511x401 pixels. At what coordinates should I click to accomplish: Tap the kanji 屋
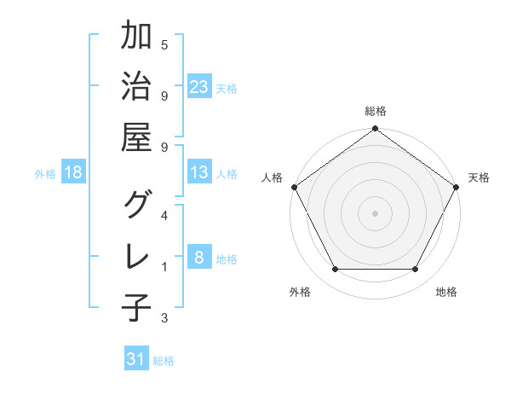(136, 137)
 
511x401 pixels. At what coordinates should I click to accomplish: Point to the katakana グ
(136, 204)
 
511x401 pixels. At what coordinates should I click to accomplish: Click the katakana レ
(136, 255)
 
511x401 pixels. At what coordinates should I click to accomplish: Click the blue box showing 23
(199, 86)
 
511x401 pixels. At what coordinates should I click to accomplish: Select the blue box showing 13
(199, 172)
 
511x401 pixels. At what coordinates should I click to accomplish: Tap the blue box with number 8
(199, 258)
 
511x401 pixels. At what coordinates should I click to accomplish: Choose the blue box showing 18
(73, 172)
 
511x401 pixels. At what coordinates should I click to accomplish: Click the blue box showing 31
(136, 360)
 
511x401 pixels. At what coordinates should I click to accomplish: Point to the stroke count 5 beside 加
(164, 44)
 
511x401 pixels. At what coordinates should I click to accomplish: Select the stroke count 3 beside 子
(164, 318)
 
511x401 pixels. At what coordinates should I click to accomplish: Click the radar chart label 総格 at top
(376, 112)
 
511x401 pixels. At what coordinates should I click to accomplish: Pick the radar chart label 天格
(479, 177)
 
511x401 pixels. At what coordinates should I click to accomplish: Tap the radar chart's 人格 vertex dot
(295, 187)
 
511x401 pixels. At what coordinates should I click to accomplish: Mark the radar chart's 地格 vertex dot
(416, 270)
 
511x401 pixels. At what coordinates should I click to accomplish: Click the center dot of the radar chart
(376, 212)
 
